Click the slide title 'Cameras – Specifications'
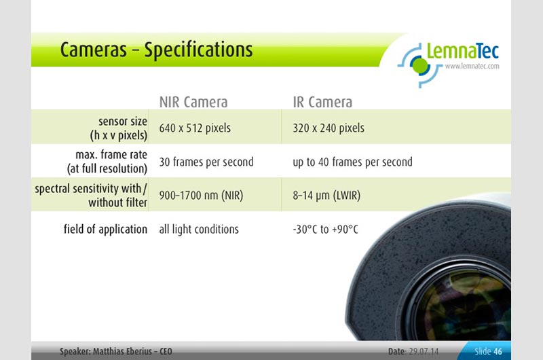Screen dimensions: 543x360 [x=156, y=50]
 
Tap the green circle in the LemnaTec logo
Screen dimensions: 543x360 [x=420, y=65]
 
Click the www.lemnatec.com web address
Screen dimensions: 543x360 [x=472, y=66]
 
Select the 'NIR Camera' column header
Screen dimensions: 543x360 [x=193, y=102]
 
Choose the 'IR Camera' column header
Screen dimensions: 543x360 [x=322, y=102]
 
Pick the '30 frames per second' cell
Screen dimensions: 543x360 [x=206, y=162]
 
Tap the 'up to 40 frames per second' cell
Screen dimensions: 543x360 [x=352, y=162]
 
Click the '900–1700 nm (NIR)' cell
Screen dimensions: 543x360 [x=201, y=196]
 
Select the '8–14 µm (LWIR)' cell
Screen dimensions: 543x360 [x=326, y=196]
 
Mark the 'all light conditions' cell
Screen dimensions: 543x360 [x=199, y=230]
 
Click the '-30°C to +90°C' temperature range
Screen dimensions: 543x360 [x=326, y=230]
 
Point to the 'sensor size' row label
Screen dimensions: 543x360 [x=123, y=122]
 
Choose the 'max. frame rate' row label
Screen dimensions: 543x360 [x=111, y=155]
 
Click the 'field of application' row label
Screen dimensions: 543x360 [x=105, y=230]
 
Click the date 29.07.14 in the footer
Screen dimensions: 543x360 [x=424, y=352]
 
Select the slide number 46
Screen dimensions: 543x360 [x=498, y=352]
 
